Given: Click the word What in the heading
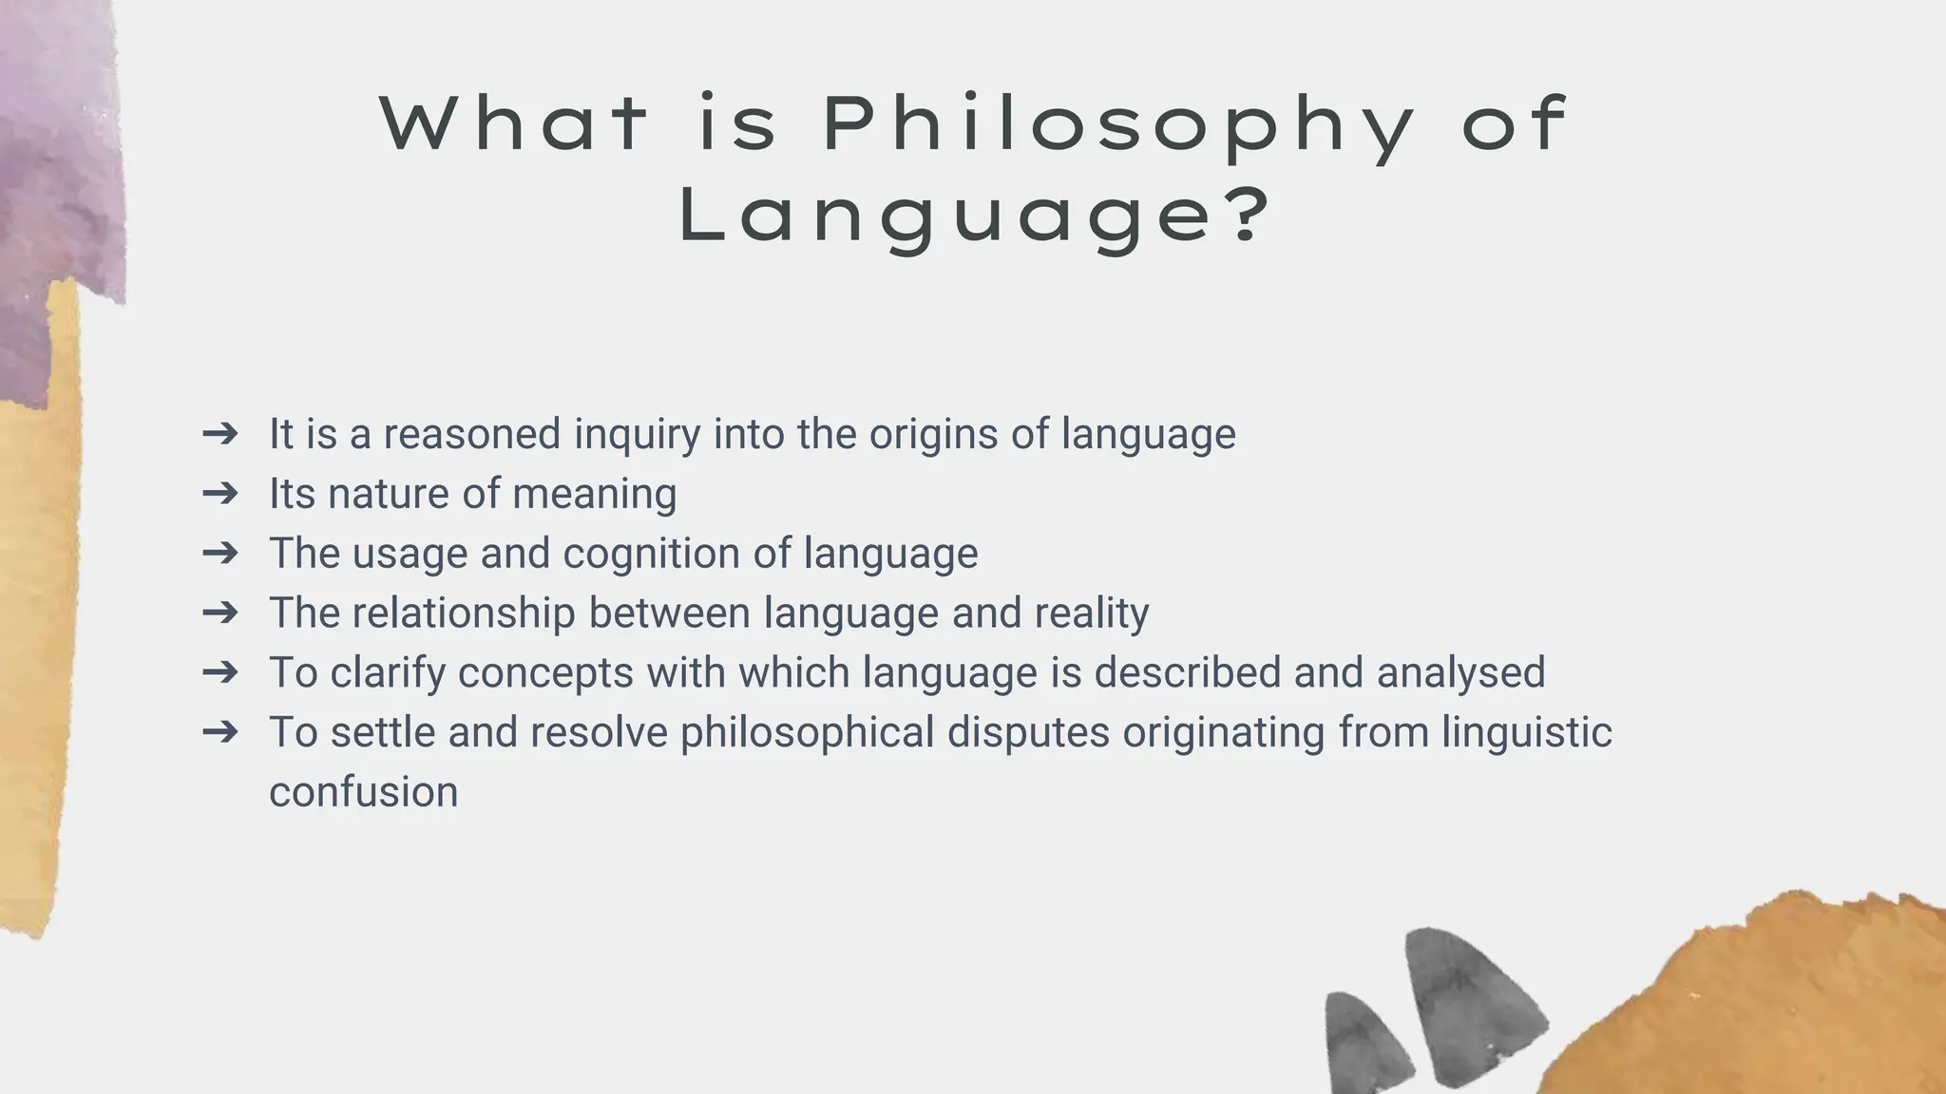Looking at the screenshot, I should pos(513,123).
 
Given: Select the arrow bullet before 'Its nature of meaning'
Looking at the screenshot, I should pos(220,493).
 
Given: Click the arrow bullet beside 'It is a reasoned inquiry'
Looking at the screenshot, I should pos(220,433).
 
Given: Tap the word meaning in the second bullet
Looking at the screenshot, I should pos(594,495).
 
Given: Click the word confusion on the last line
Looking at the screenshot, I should pos(363,793).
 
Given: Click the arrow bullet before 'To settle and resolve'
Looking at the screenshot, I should pos(220,732).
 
